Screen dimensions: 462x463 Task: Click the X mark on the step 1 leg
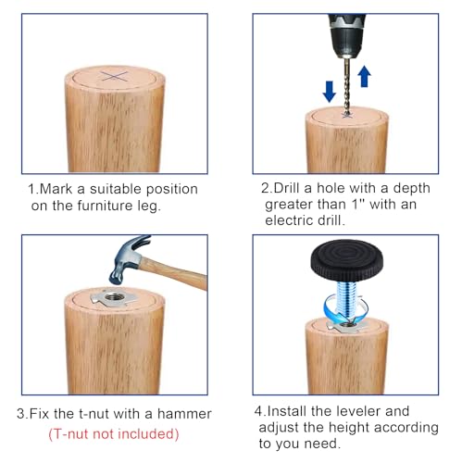click(115, 77)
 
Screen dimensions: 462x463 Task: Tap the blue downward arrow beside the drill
click(330, 92)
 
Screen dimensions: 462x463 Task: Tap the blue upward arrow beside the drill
click(364, 76)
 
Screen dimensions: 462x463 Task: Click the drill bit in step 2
click(347, 87)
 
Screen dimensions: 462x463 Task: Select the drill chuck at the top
click(347, 35)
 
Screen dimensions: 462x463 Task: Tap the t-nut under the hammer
click(115, 298)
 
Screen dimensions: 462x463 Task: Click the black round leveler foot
click(347, 260)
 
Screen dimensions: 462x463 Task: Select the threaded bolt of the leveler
click(347, 301)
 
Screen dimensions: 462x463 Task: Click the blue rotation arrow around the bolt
click(344, 308)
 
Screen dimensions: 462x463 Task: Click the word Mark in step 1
click(56, 189)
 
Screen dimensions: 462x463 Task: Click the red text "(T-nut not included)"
click(114, 434)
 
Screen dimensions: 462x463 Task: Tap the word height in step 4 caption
click(349, 428)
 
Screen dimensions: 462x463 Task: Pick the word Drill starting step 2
click(288, 188)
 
